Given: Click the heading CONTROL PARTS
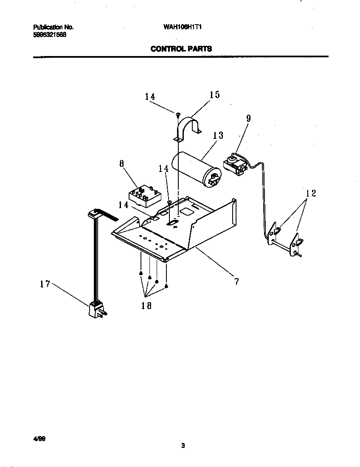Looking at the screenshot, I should tap(181, 49).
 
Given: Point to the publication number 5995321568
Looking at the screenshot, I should tap(50, 35).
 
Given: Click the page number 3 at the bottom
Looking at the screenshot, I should tap(183, 445).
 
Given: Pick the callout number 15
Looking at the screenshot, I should tap(215, 95).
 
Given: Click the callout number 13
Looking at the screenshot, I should tap(218, 135).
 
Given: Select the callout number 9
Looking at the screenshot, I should tap(248, 118).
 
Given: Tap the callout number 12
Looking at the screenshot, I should tap(311, 194).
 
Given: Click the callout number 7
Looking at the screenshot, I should tap(236, 281).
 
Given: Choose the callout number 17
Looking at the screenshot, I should tap(45, 284).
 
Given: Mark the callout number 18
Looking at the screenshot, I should tap(146, 305).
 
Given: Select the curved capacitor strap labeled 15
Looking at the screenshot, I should tap(189, 127).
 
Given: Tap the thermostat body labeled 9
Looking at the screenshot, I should tap(235, 165).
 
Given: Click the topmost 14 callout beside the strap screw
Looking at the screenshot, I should tap(150, 97).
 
